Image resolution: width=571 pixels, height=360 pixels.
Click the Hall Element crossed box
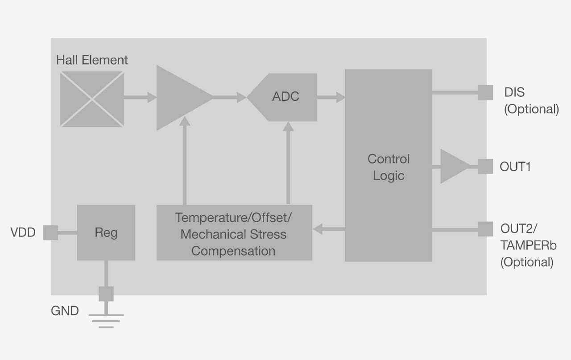click(x=92, y=99)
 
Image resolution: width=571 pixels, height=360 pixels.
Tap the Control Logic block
click(x=388, y=166)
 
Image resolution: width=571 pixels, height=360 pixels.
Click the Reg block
click(x=106, y=232)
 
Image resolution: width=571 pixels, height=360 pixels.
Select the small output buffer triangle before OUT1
click(x=453, y=166)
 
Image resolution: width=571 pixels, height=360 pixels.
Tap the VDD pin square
click(x=50, y=232)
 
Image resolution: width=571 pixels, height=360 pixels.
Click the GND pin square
click(x=106, y=294)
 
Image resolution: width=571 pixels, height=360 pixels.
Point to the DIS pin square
click(x=486, y=92)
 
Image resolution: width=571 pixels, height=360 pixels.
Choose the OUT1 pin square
click(x=486, y=166)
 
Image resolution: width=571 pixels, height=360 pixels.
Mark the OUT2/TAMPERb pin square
click(x=486, y=229)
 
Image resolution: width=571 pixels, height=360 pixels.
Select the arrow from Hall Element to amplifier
click(x=140, y=97)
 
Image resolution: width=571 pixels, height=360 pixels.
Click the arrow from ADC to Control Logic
click(x=331, y=97)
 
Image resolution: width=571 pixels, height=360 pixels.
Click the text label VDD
click(x=23, y=232)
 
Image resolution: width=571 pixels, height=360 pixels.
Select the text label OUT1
click(x=515, y=167)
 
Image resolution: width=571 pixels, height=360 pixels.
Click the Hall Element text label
click(x=92, y=60)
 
